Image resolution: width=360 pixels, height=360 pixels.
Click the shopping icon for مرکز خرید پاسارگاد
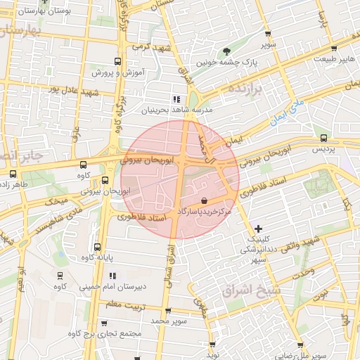tap(204, 201)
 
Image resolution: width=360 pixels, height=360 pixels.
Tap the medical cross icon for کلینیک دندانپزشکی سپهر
tap(259, 229)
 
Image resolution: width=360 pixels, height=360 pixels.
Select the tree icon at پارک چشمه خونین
tap(226, 51)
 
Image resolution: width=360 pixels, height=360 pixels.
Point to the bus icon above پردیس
tap(323, 138)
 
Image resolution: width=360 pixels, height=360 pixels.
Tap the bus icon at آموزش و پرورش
tap(117, 60)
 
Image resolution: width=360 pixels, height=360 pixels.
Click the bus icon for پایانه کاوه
tap(96, 247)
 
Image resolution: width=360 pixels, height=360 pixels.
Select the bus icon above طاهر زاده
tap(13, 174)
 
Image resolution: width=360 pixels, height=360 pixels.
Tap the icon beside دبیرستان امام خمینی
tap(112, 275)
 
